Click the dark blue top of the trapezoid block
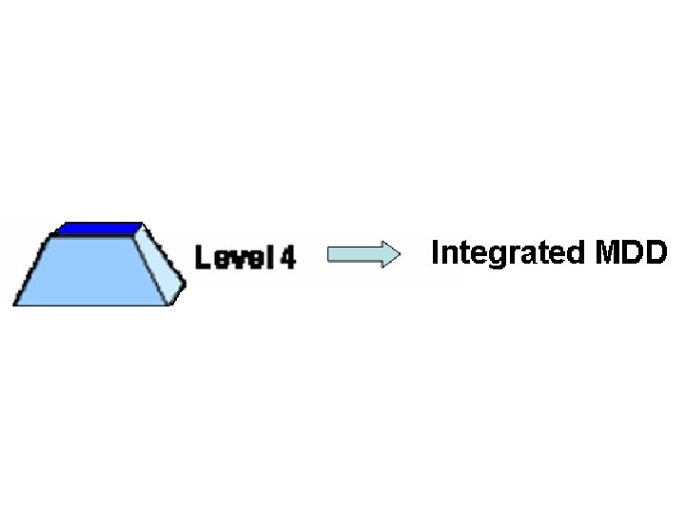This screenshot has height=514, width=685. tap(98, 228)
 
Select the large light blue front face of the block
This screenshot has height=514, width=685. tap(90, 271)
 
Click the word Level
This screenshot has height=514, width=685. tap(234, 258)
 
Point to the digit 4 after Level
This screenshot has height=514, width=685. tap(287, 258)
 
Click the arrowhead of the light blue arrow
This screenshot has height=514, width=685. tap(389, 255)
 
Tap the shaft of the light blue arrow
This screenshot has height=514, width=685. tap(352, 255)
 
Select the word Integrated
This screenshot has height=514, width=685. tap(508, 253)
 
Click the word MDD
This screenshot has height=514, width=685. tap(630, 252)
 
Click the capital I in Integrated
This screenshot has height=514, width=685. tap(436, 252)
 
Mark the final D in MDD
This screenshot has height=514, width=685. tap(656, 252)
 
